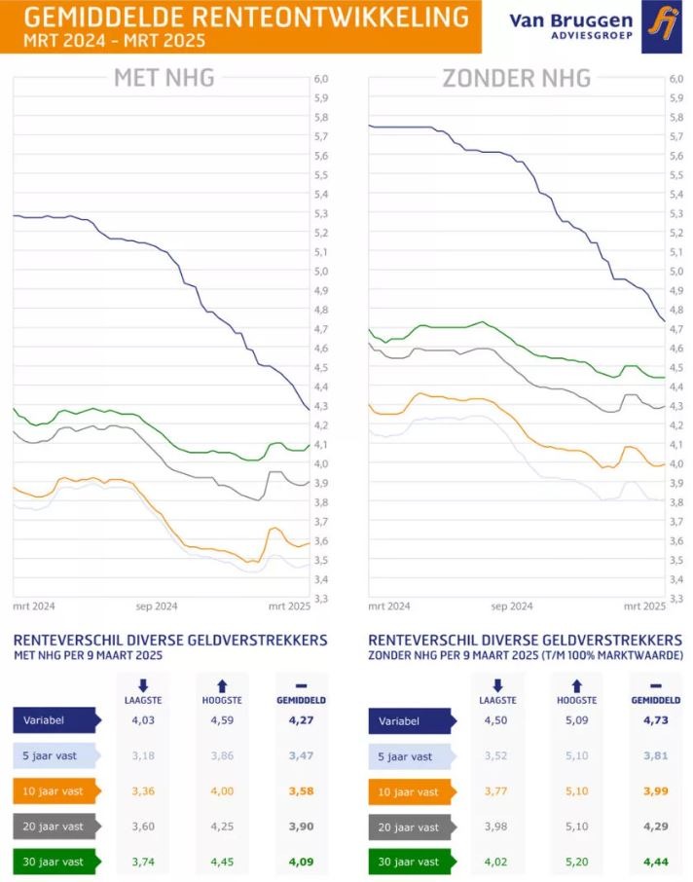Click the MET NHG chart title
[164, 79]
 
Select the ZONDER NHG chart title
[517, 79]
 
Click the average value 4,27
[301, 720]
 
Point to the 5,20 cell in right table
[577, 862]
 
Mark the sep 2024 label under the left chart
[156, 606]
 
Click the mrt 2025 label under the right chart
[644, 606]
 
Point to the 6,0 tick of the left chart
[321, 79]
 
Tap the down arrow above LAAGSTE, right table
[497, 685]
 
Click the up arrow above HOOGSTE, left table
[222, 685]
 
